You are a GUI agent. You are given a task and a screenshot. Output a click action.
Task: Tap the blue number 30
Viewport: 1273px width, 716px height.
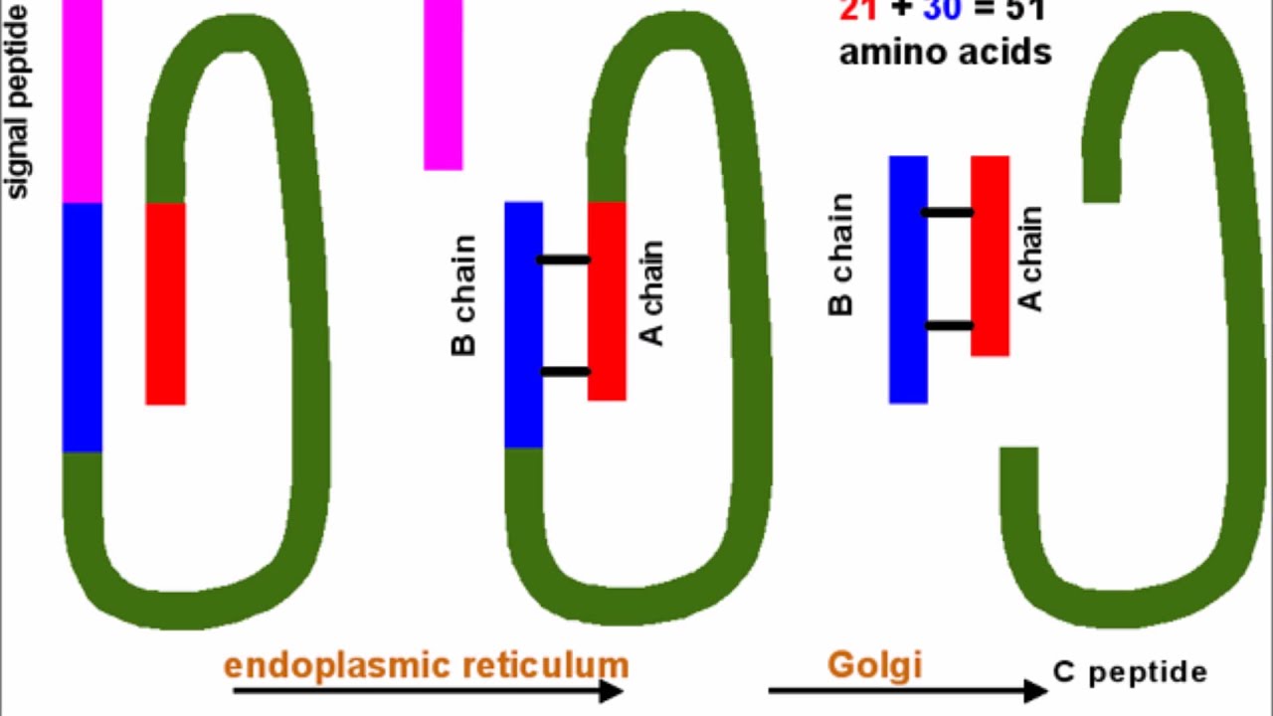click(942, 10)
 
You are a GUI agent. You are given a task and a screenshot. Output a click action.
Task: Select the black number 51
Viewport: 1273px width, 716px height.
click(1023, 10)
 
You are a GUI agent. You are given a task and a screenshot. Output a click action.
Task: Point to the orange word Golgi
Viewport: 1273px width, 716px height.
click(874, 664)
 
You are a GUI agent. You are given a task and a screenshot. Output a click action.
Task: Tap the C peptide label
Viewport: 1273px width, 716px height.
click(1130, 672)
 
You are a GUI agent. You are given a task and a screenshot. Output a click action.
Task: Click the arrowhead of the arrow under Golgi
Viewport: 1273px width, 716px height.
click(1036, 690)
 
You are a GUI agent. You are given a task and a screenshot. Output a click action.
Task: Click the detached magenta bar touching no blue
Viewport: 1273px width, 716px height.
click(443, 85)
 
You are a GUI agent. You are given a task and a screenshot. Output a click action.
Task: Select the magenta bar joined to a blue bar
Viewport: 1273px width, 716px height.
click(83, 99)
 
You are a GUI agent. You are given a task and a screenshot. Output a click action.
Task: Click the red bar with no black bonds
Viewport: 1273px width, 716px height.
click(165, 303)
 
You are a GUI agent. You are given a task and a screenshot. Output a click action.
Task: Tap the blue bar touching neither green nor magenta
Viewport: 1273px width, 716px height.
click(908, 279)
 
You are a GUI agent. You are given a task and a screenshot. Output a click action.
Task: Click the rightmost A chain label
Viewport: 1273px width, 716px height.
click(1032, 259)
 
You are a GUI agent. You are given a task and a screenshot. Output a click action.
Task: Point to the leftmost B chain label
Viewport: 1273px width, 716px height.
click(463, 295)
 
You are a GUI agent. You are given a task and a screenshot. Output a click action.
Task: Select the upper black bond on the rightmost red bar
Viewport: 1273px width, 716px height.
click(947, 212)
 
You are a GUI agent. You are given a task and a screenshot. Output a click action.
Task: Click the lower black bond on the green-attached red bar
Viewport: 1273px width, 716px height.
click(564, 372)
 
